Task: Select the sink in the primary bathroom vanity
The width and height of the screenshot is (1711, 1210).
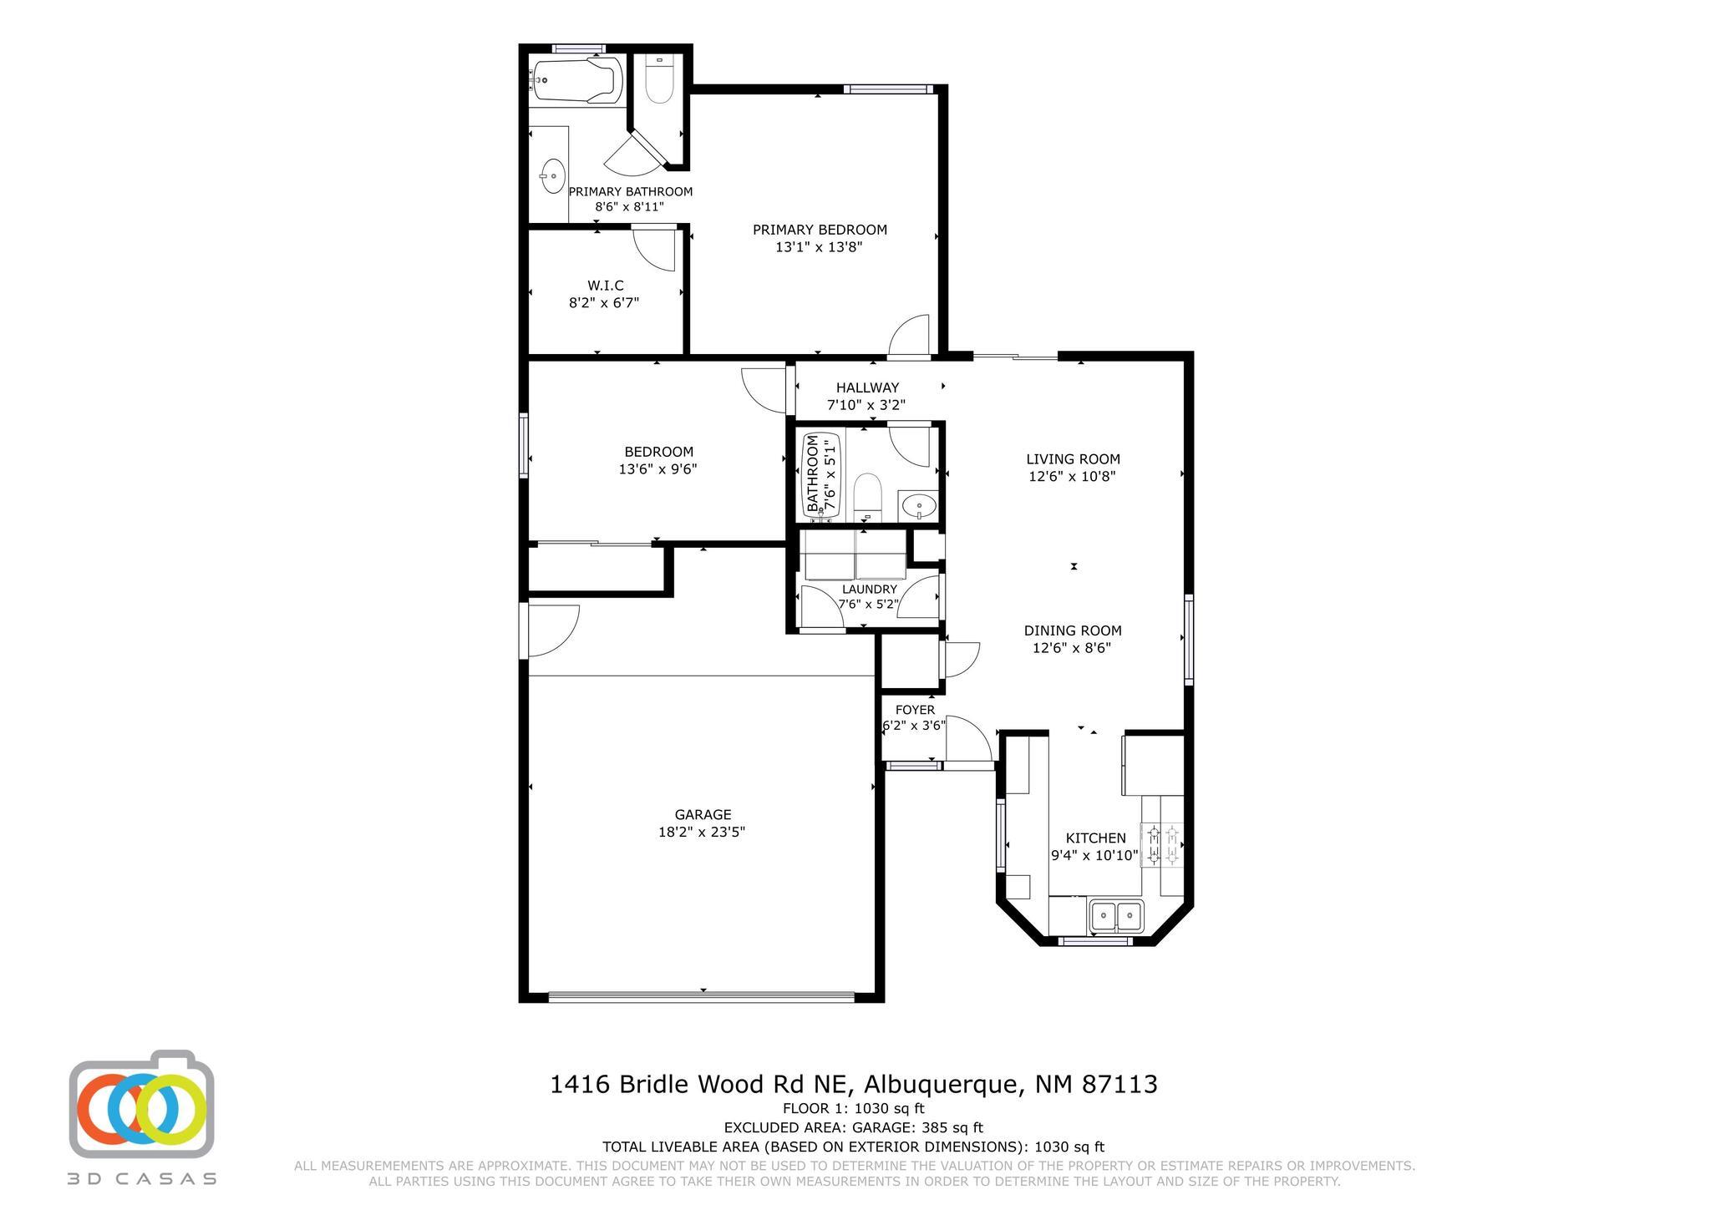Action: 552,176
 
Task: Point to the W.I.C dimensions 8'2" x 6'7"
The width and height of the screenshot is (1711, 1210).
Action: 604,303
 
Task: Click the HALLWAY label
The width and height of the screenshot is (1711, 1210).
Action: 867,387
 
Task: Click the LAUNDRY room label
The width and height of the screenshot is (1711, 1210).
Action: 869,589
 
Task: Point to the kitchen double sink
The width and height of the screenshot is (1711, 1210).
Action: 1116,915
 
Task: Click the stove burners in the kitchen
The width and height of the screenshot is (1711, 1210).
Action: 1162,843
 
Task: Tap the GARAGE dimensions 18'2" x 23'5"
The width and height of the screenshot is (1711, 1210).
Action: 702,832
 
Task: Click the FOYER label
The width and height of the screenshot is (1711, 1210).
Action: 915,710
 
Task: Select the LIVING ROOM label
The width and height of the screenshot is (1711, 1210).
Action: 1073,458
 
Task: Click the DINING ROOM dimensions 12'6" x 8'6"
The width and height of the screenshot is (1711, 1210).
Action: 1072,647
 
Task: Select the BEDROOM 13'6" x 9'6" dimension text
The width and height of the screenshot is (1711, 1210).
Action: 657,469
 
